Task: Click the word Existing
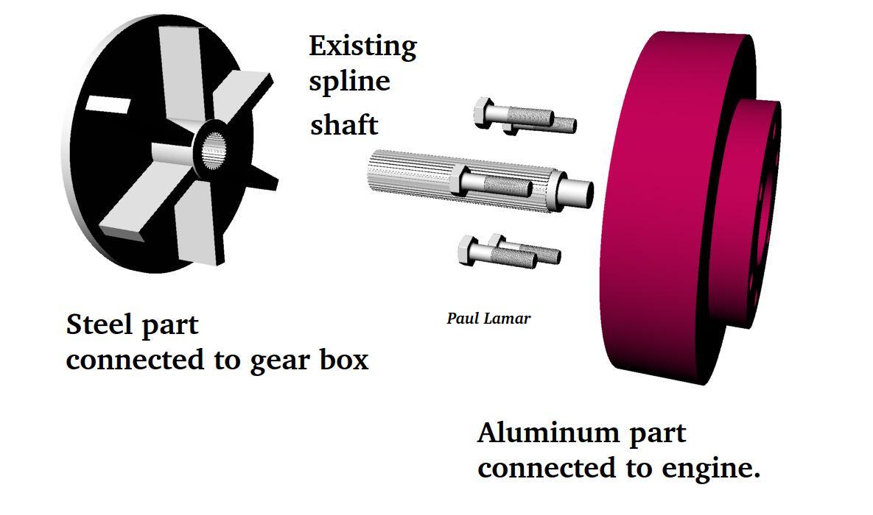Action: [362, 46]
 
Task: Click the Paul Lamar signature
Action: [488, 318]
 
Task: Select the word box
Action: [344, 359]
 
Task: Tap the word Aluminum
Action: [549, 432]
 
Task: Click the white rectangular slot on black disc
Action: [108, 104]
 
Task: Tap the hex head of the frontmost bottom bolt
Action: [466, 249]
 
